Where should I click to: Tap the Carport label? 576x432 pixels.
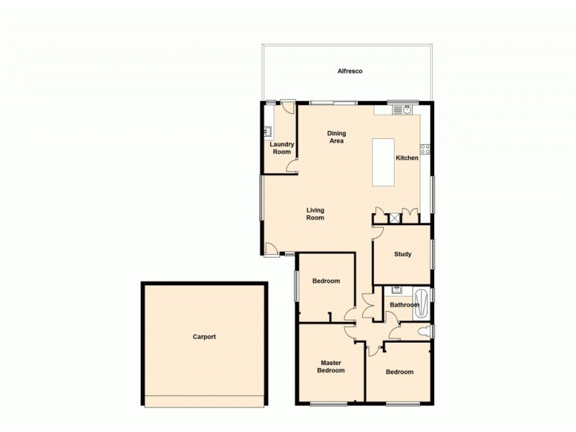pos(204,336)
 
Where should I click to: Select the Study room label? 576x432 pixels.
pos(402,254)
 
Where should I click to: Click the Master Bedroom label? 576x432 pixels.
pos(331,366)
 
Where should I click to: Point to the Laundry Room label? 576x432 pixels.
pos(281,148)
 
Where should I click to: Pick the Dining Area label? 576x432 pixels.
pos(336,137)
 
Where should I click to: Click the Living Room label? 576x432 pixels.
pos(315,214)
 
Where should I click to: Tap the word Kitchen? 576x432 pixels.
pos(407,158)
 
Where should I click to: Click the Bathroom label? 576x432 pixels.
pos(404,305)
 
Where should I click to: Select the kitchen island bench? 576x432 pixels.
pos(384,161)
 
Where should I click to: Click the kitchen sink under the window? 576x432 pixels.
pos(408,110)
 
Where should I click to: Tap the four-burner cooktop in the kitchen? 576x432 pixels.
pos(425,150)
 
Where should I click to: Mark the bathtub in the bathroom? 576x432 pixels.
pos(422,303)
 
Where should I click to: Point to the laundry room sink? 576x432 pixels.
pos(267,132)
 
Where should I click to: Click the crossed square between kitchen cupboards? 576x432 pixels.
pos(395,217)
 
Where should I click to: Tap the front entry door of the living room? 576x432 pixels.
pos(272,249)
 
